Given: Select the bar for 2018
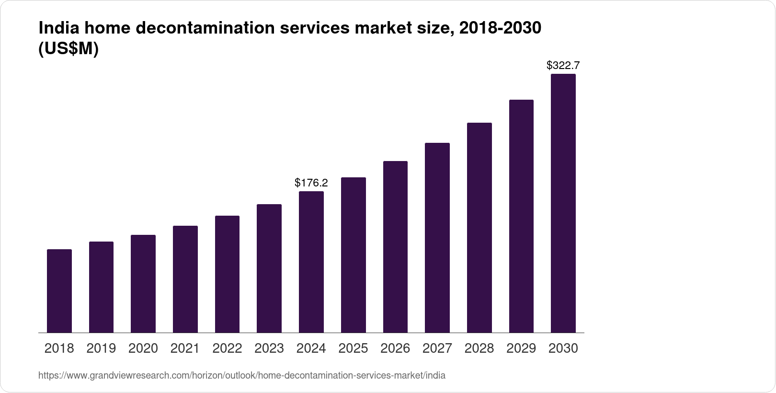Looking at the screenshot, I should [x=59, y=291].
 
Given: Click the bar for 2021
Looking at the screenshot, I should [x=185, y=279].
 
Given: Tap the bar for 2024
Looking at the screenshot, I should [x=311, y=262].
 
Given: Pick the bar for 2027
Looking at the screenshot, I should [x=437, y=238].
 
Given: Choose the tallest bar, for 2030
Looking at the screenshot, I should [x=563, y=203].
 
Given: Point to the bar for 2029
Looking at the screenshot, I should [x=521, y=216].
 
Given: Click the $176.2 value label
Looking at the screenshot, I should [x=311, y=183].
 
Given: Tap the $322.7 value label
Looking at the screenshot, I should [x=563, y=65].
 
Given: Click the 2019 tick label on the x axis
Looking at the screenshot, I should [x=101, y=348].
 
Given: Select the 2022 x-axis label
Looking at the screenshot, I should [x=227, y=348].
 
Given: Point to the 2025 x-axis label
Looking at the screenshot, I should [x=353, y=348].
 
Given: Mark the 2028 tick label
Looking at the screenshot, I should [x=479, y=348].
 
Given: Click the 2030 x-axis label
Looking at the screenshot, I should [x=563, y=348].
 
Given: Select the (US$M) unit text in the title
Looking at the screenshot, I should [x=68, y=49].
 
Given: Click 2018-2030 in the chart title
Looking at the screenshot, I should [x=500, y=28].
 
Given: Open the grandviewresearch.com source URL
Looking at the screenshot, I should [x=241, y=376].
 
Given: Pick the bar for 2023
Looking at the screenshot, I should [x=269, y=268].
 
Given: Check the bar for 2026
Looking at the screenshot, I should [x=395, y=247].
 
